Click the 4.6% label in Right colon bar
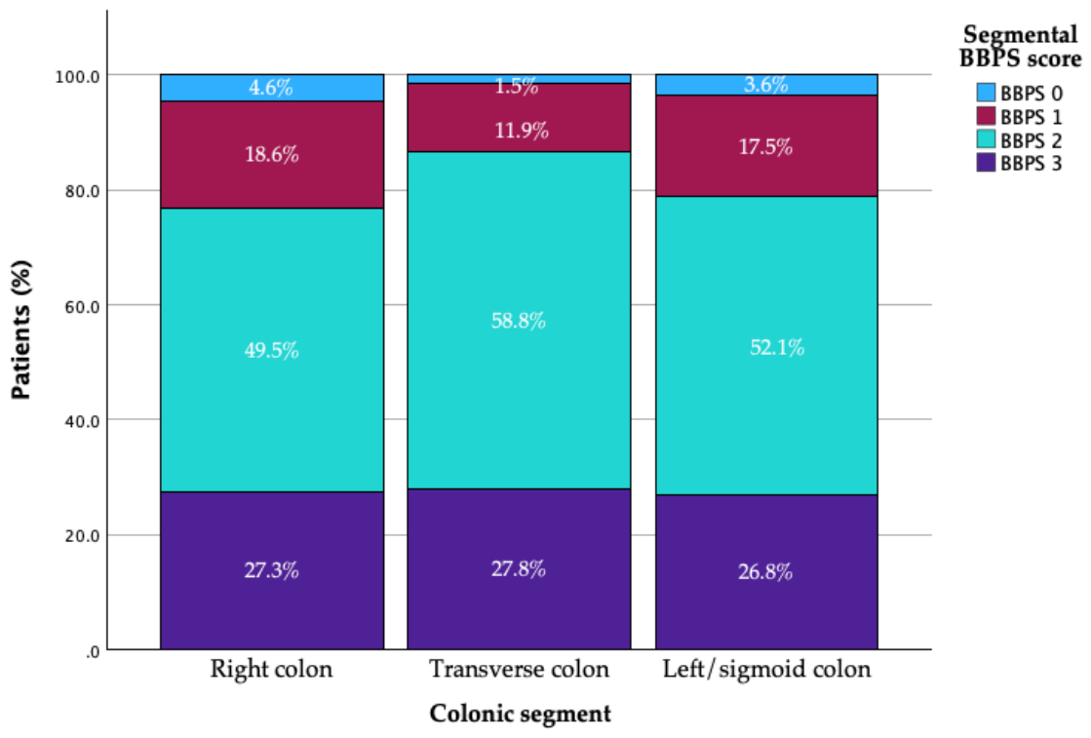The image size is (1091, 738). coord(271,88)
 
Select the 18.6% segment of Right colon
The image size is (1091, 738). coord(272,154)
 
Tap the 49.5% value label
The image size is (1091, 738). coord(271,350)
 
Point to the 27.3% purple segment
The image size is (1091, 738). coord(272,570)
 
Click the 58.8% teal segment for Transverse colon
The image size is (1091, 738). coord(519,320)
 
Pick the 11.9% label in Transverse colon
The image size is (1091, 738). coord(522,130)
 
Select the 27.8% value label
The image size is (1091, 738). coord(519,569)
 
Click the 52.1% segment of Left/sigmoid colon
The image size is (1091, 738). coord(766,345)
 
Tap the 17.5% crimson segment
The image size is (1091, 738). coord(766,145)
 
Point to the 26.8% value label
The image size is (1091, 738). coord(765,571)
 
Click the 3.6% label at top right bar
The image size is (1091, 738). coord(766,85)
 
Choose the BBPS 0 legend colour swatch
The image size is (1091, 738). coord(986,93)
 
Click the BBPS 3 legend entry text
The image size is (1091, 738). coord(1032,164)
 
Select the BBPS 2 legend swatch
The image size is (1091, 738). coord(986,139)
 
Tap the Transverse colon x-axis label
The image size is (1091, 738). coord(519,669)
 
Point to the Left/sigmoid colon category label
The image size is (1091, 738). coord(766,669)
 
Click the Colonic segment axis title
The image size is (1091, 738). coord(521,714)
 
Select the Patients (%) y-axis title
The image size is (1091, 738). coord(21,330)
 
